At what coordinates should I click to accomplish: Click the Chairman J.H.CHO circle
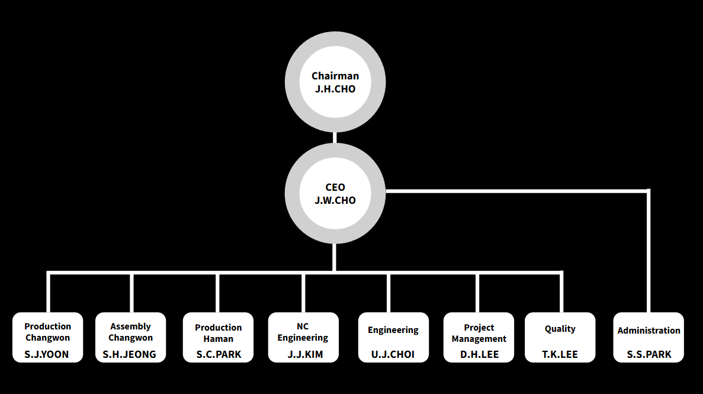coord(335,82)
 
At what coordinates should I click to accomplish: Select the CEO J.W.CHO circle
coord(335,194)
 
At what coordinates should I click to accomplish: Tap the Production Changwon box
coord(47,337)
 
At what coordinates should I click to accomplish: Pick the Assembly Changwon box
coord(130,337)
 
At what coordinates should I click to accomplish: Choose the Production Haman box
coord(218,337)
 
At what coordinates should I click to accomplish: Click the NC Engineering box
coord(303,337)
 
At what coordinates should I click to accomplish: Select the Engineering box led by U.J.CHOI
coord(393,337)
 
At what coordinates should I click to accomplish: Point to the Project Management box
coord(479,337)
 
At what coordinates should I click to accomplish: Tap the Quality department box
coord(560,337)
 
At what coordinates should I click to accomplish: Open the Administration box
coord(649,337)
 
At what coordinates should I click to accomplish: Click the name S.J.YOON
coord(47,355)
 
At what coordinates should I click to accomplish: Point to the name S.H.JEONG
coord(130,355)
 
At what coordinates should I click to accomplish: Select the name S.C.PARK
coord(219,355)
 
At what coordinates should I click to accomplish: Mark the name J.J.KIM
coord(303,355)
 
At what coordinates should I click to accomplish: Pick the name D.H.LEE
coord(479,355)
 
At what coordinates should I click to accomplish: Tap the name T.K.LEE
coord(560,355)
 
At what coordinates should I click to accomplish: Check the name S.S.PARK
coord(649,355)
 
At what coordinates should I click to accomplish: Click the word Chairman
coord(335,76)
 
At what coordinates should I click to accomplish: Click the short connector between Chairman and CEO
coord(335,137)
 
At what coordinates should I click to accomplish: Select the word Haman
coord(219,339)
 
